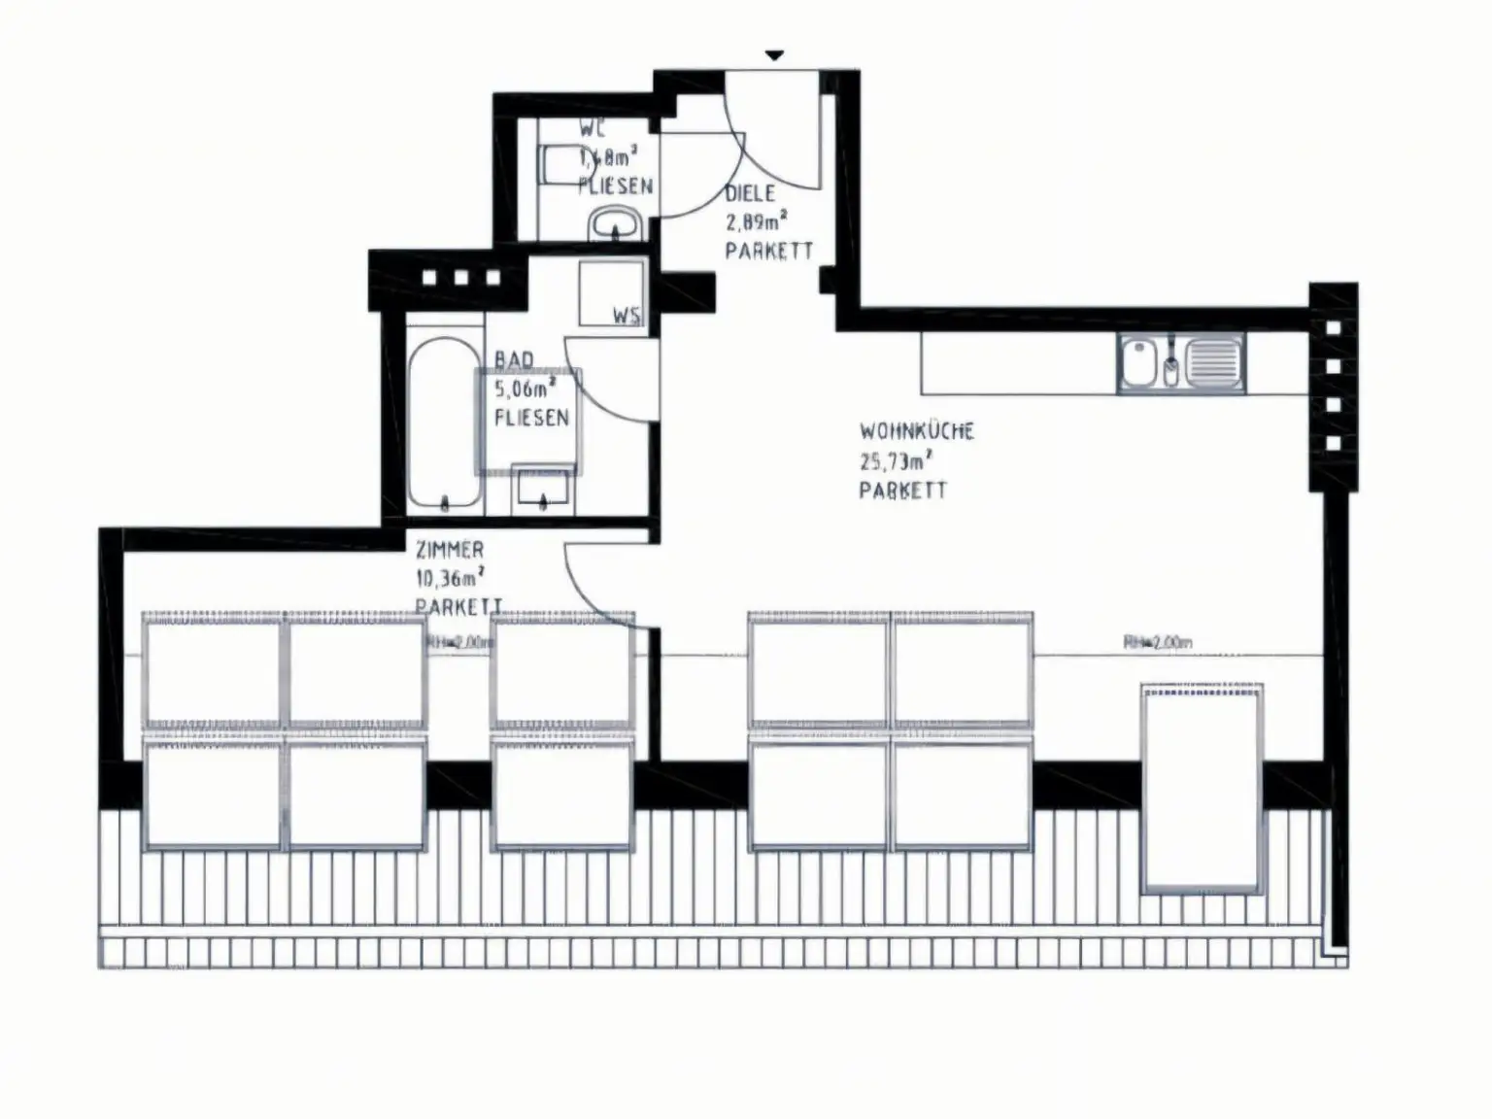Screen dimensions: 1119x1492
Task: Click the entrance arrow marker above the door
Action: click(x=773, y=55)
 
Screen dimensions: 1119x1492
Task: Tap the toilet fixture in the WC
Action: click(x=559, y=164)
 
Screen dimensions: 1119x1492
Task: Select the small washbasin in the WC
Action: click(x=614, y=224)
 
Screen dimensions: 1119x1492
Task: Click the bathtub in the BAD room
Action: click(x=444, y=423)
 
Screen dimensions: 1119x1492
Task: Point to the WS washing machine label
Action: click(x=626, y=316)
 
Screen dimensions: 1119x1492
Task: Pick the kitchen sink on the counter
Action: click(x=1180, y=362)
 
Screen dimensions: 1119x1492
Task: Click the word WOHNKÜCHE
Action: click(x=916, y=430)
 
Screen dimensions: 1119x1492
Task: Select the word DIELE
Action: click(x=750, y=193)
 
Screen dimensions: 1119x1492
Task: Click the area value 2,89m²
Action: click(x=756, y=221)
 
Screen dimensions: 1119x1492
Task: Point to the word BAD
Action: click(x=514, y=360)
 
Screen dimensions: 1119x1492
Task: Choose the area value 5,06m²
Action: click(x=526, y=390)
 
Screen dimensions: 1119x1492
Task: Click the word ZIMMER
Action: click(x=450, y=550)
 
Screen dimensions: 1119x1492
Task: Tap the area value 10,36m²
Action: click(x=450, y=578)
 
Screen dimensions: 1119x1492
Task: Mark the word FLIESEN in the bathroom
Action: click(x=531, y=418)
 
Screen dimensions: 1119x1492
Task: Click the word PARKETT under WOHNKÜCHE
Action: click(x=902, y=490)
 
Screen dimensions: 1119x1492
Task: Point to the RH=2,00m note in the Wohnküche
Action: click(x=1158, y=642)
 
